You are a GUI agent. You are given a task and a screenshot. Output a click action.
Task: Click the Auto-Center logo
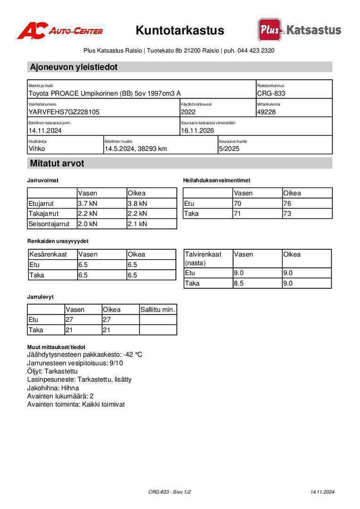pyautogui.click(x=60, y=31)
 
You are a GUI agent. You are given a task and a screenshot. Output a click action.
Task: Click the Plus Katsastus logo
pyautogui.click(x=299, y=30)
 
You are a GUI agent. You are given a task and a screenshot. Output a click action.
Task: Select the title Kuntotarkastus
pyautogui.click(x=180, y=31)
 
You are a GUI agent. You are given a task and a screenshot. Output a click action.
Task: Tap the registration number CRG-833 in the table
pyautogui.click(x=271, y=93)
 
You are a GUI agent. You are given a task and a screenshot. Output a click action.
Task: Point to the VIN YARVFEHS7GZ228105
pyautogui.click(x=64, y=112)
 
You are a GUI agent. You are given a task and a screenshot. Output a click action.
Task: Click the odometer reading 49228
pyautogui.click(x=266, y=112)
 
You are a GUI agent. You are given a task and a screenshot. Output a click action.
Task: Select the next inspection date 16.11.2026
pyautogui.click(x=197, y=131)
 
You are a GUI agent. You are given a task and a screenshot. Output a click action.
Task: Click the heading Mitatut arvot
pyautogui.click(x=57, y=164)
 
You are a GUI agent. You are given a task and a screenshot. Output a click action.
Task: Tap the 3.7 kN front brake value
pyautogui.click(x=88, y=204)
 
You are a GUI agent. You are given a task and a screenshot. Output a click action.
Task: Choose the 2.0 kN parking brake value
pyautogui.click(x=88, y=224)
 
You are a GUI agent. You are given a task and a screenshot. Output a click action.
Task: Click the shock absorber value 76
pyautogui.click(x=287, y=204)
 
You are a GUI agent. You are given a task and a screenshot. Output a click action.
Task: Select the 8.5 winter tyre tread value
pyautogui.click(x=239, y=283)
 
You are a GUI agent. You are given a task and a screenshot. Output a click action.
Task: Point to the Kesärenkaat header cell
pyautogui.click(x=48, y=254)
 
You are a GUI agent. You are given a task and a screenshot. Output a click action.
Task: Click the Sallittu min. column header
pyautogui.click(x=158, y=310)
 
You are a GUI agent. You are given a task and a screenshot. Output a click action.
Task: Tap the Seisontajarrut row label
pyautogui.click(x=49, y=224)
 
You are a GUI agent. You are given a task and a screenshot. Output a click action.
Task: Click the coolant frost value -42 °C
pyautogui.click(x=132, y=354)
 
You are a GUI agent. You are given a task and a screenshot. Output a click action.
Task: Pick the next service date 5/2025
pyautogui.click(x=230, y=149)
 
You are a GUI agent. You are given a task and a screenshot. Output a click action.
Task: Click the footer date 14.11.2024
pyautogui.click(x=322, y=492)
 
